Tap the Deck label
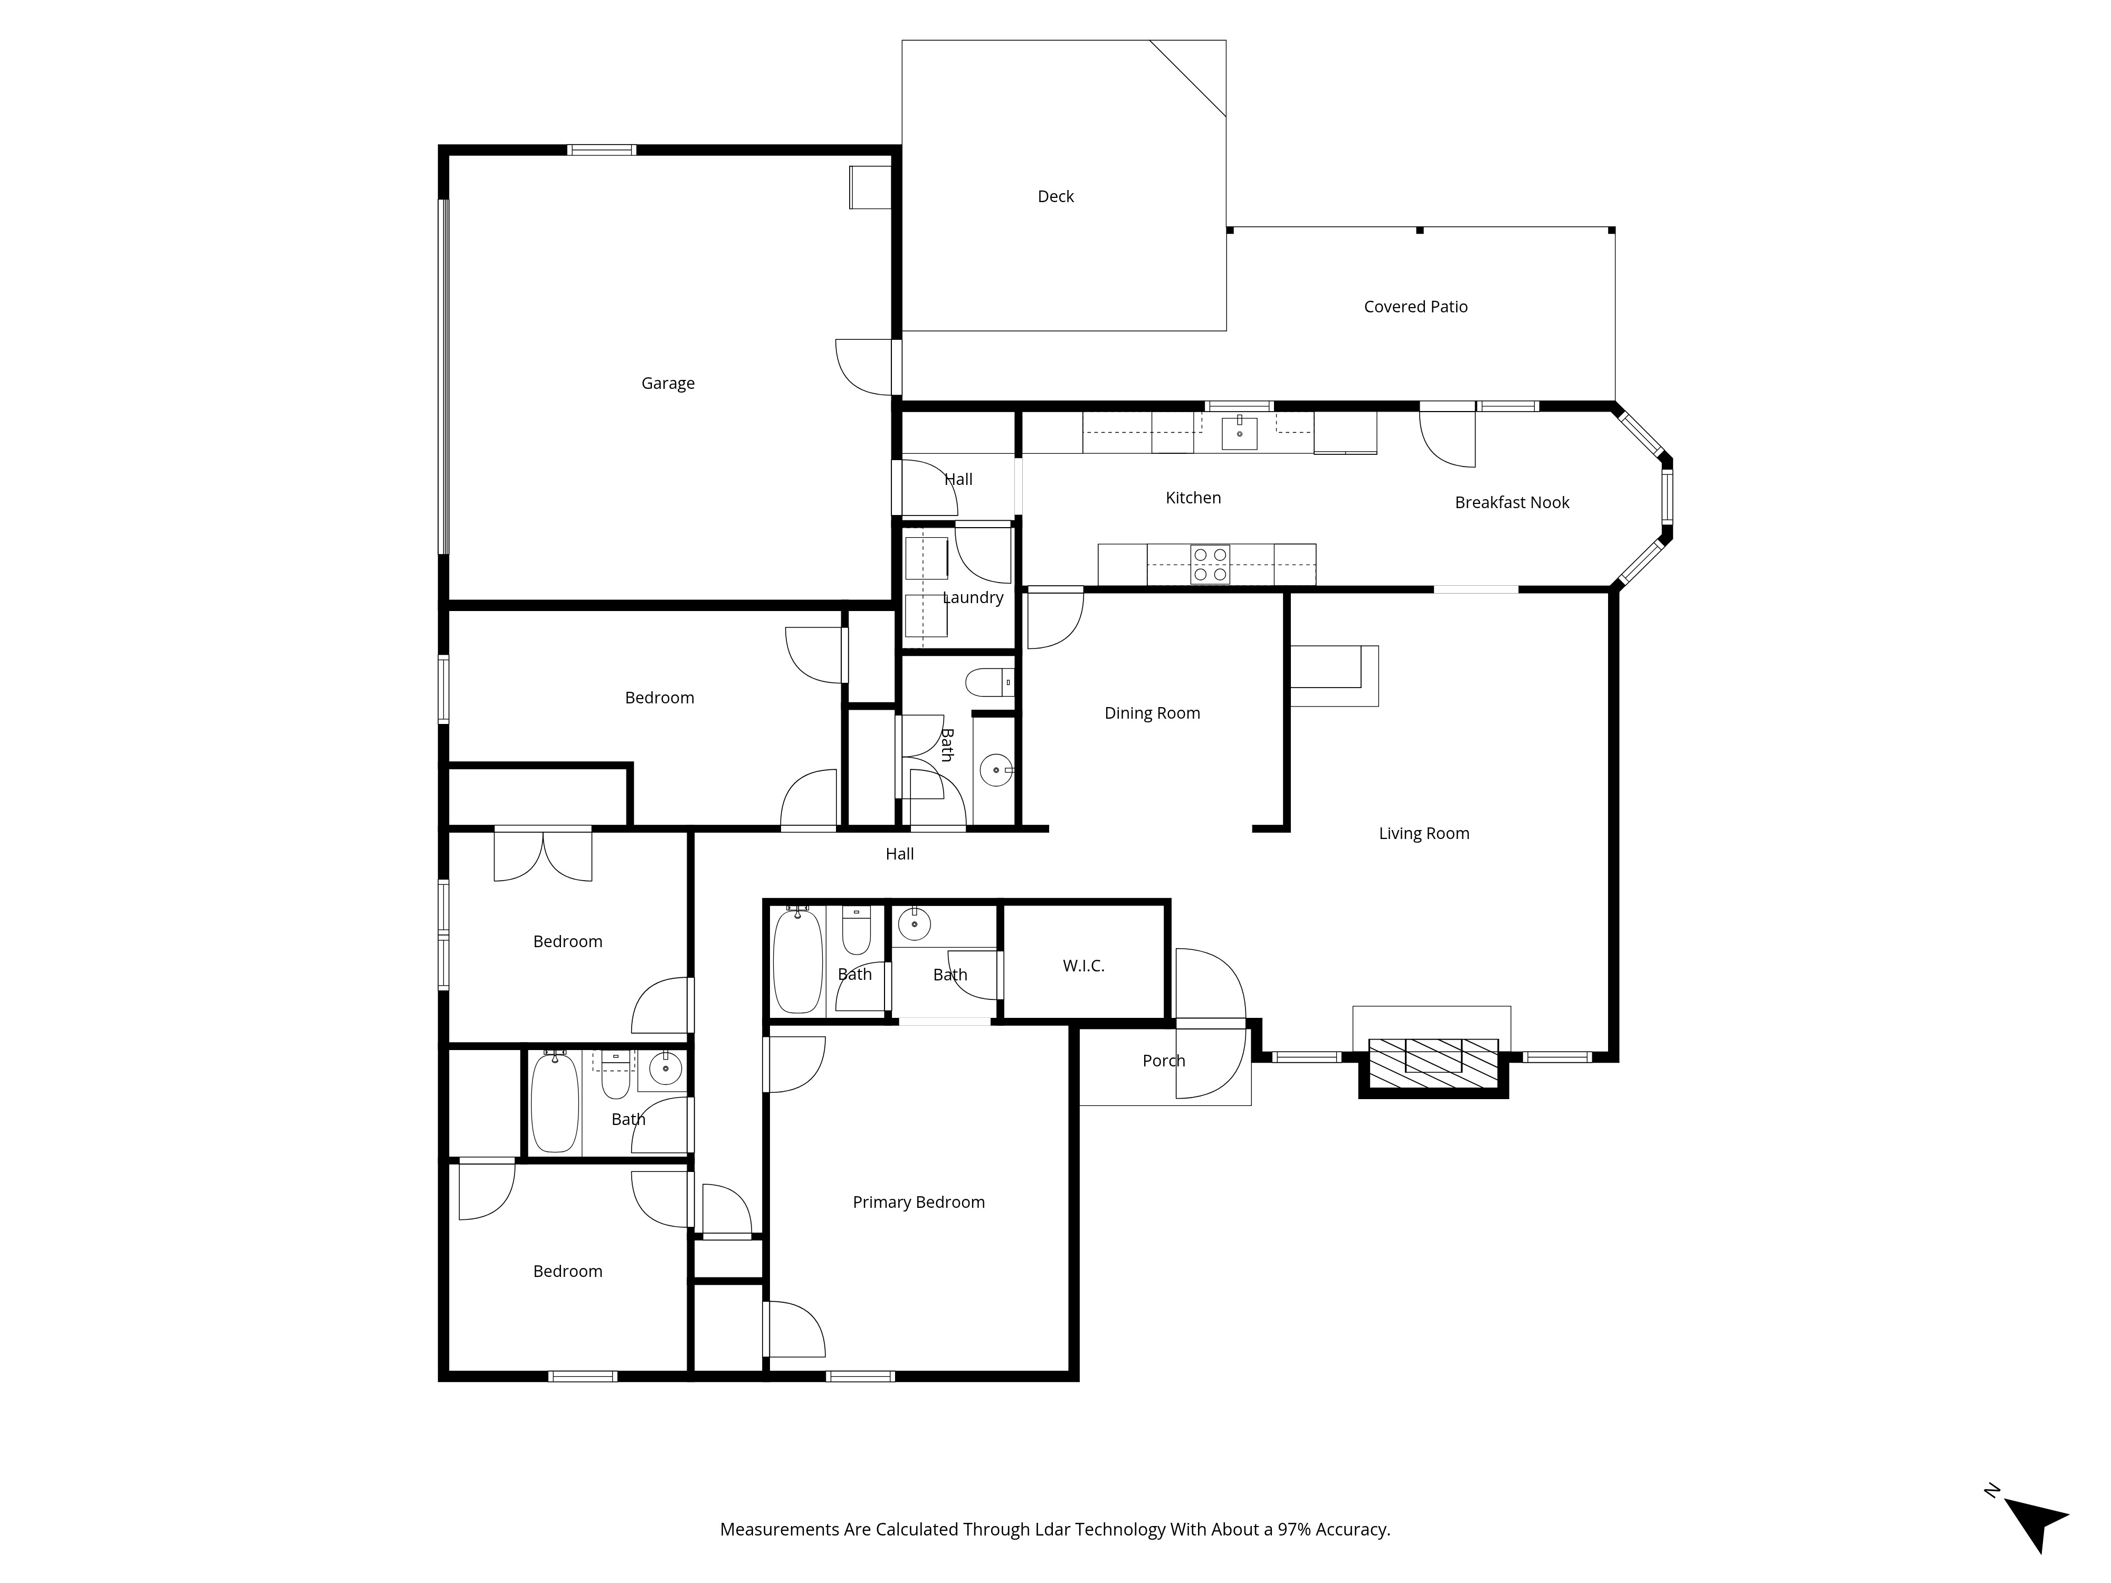click(1055, 197)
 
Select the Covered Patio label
click(1415, 307)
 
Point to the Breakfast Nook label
click(1511, 503)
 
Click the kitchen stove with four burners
click(1210, 564)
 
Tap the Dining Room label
click(1152, 714)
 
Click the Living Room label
click(1424, 834)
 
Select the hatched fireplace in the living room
click(1433, 1062)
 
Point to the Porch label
click(1163, 1061)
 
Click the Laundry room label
click(973, 598)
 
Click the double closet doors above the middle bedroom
click(543, 855)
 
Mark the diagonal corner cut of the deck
click(1187, 78)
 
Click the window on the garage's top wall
click(601, 150)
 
